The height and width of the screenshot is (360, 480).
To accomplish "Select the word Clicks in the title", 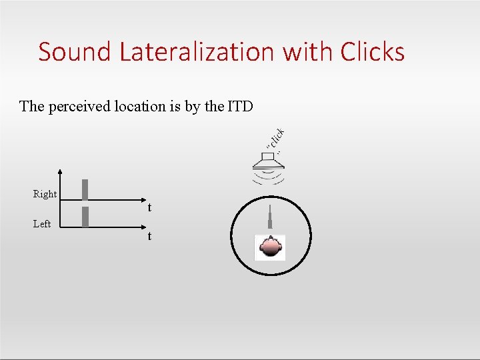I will (372, 51).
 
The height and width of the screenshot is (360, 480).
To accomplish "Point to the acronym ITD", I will (240, 106).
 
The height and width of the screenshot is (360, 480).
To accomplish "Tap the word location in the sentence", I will (140, 106).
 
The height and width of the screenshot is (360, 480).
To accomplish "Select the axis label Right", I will (45, 194).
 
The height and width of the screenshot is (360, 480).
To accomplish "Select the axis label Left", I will (42, 224).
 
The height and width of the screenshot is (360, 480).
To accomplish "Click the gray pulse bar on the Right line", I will (85, 189).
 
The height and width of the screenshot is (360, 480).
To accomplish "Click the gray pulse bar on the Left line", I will (85, 217).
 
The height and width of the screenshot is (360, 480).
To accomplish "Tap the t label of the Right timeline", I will (149, 208).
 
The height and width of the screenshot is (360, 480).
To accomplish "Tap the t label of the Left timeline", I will (149, 237).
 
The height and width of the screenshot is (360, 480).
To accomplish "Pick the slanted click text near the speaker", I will (277, 139).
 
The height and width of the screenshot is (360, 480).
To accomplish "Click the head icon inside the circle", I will (271, 247).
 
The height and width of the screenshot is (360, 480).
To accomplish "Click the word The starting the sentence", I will (32, 106).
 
